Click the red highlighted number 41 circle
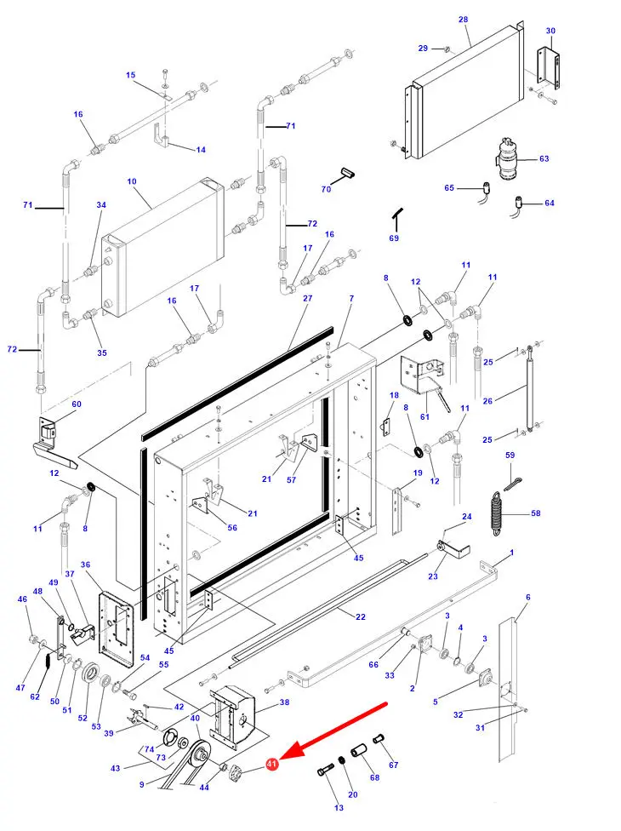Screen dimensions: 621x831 coord(271,764)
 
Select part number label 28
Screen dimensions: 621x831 coord(464,20)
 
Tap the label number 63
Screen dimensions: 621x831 coord(544,158)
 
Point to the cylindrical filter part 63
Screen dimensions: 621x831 coord(506,158)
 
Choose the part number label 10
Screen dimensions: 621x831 coord(132,181)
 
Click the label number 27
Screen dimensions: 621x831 coord(308,298)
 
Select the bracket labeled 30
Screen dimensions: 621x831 coord(549,68)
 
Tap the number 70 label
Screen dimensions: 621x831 coord(326,189)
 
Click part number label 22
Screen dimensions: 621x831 coord(361,616)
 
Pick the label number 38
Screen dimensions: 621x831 coord(284,702)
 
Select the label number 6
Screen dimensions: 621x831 coord(527,598)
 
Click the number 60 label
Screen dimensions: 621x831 coord(77,404)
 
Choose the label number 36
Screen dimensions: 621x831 coord(85,565)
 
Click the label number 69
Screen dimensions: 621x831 coord(394,238)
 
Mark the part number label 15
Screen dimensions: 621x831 coord(131,75)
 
